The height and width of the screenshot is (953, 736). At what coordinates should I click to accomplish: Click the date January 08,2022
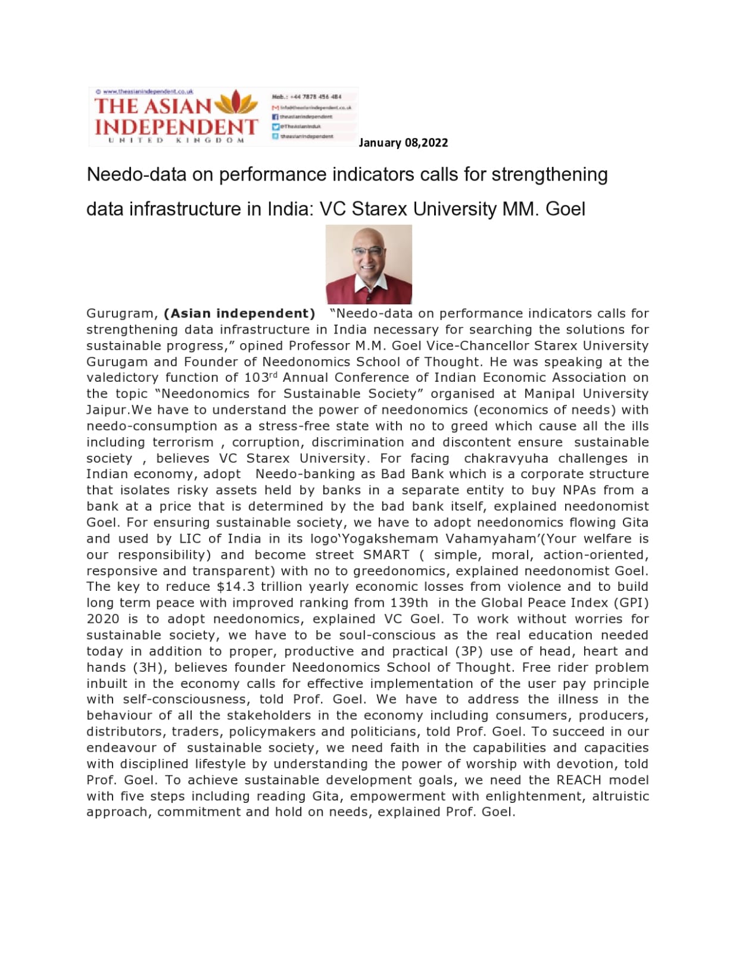pyautogui.click(x=403, y=143)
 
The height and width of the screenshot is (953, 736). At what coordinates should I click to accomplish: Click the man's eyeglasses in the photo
pyautogui.click(x=368, y=251)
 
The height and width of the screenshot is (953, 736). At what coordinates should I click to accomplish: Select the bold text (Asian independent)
pyautogui.click(x=239, y=313)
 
